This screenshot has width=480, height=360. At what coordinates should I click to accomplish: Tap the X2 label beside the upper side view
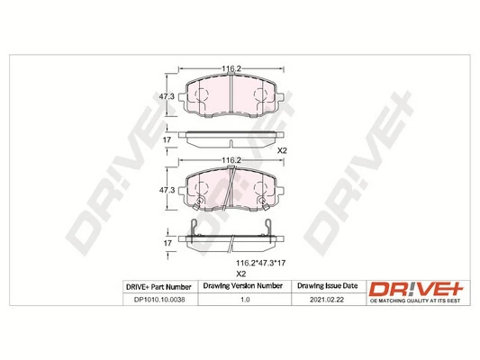(281, 149)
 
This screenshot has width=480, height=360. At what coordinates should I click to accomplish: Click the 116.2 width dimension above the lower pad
(230, 159)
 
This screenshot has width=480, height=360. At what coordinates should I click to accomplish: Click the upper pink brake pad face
(230, 97)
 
